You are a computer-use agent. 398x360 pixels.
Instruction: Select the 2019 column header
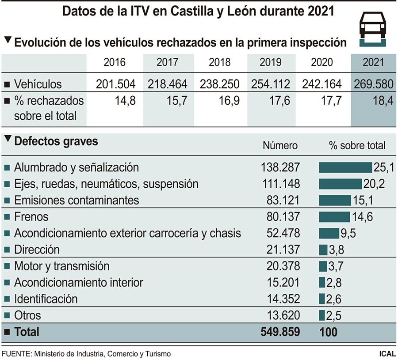pos(270,62)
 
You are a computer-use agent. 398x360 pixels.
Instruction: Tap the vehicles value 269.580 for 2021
pos(373,84)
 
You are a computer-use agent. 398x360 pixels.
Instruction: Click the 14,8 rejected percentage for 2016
pos(125,101)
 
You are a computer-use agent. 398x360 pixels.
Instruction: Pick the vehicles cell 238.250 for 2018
pos(220,84)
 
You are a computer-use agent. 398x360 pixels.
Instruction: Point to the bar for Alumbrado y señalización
pos(345,167)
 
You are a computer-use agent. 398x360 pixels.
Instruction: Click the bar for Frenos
pos(334,217)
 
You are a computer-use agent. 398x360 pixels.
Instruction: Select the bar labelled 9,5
pos(329,233)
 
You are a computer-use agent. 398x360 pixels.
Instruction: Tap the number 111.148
pos(280,183)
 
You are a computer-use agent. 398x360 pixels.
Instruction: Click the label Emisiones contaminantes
pos(77,200)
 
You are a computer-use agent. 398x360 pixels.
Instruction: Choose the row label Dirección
pos(37,250)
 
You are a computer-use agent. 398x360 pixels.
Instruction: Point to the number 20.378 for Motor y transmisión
pos(280,266)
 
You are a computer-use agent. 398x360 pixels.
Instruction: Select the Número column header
pos(280,145)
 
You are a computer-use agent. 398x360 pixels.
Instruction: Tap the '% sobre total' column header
pos(357,145)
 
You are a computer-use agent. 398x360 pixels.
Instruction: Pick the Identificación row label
pos(46,299)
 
